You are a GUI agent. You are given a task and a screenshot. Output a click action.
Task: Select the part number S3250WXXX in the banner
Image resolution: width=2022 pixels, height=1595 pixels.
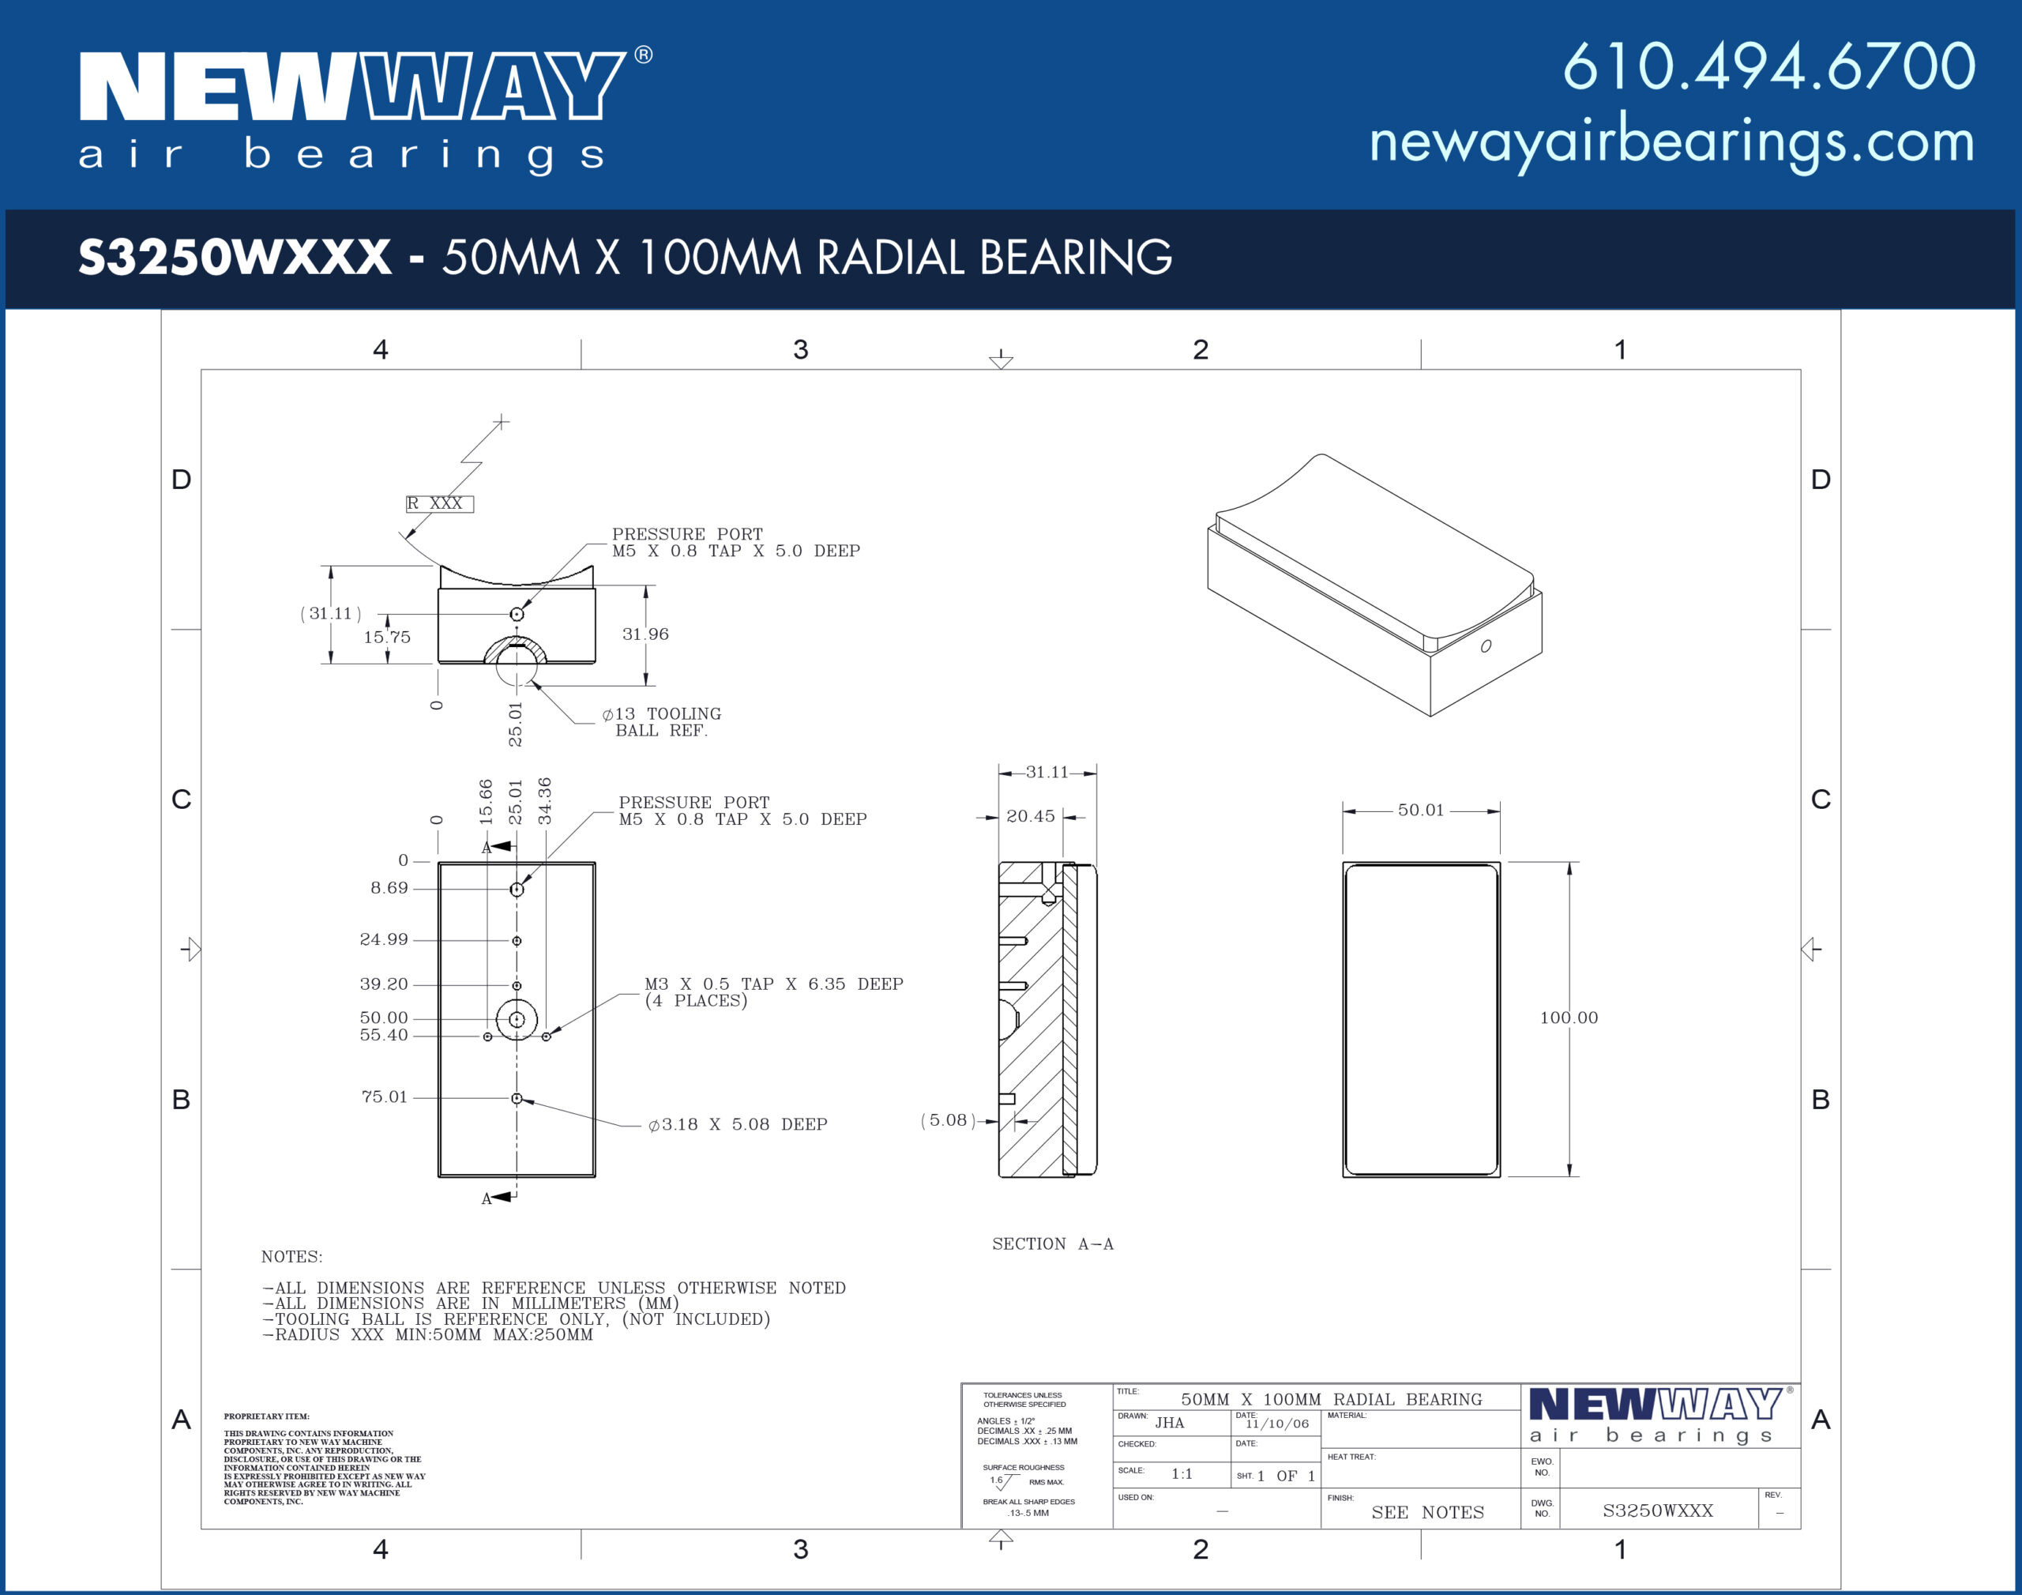click(235, 257)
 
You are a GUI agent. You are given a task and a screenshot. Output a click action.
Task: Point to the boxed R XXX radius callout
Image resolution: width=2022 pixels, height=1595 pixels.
click(440, 503)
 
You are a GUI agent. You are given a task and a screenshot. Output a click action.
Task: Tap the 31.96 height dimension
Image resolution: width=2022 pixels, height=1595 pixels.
click(646, 634)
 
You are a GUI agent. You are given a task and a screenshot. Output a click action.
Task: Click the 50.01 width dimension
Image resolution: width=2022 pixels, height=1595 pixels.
click(1421, 810)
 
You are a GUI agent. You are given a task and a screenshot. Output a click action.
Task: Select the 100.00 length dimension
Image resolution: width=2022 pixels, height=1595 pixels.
click(1569, 1018)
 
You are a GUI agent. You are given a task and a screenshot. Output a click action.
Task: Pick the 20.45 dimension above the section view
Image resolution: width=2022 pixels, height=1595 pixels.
click(1031, 816)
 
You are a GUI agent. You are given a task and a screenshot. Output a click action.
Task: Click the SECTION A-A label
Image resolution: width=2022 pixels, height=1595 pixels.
click(1053, 1244)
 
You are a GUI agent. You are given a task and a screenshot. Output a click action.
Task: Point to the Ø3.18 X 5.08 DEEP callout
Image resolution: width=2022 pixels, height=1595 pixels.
click(738, 1124)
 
